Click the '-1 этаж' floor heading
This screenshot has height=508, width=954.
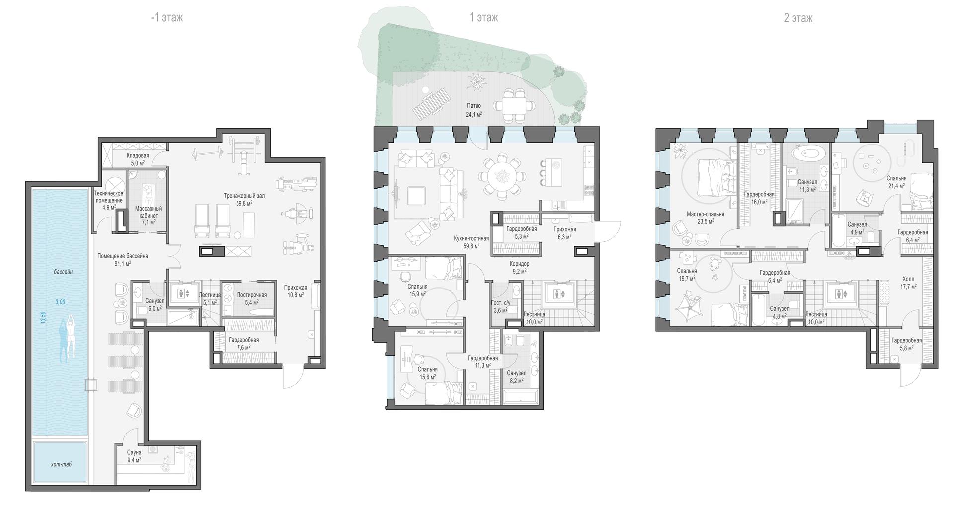tap(167, 18)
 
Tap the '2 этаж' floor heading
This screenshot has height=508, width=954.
tap(798, 18)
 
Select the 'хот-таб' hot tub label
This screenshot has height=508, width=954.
tap(61, 464)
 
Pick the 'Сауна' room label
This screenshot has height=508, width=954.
tap(134, 452)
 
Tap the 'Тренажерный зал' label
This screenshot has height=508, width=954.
tap(244, 196)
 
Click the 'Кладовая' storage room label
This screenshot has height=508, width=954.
tap(138, 155)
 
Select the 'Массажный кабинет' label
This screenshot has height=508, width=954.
tap(149, 212)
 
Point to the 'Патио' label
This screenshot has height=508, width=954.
tap(474, 106)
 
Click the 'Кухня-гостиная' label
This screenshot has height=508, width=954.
tap(472, 238)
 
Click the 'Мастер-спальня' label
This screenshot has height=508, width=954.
tap(706, 214)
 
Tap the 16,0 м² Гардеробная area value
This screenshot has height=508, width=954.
tap(759, 202)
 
